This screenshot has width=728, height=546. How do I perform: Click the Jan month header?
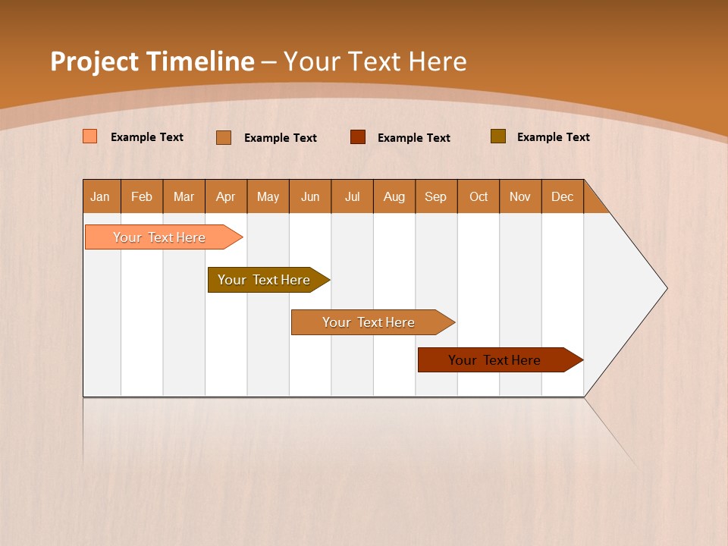(x=101, y=196)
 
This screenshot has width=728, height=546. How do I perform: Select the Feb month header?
(x=142, y=196)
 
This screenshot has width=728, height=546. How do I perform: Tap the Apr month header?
(x=226, y=196)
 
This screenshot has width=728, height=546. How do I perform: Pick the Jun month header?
(x=310, y=196)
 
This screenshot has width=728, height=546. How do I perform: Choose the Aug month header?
(x=394, y=196)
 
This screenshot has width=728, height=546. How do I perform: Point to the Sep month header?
(x=436, y=196)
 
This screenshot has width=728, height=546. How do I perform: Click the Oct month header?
(x=479, y=196)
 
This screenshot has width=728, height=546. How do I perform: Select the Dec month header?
(x=563, y=196)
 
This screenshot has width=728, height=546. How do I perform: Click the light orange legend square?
(x=90, y=136)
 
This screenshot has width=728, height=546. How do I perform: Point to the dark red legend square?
(x=358, y=137)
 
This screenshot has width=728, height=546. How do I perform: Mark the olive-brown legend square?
(x=498, y=136)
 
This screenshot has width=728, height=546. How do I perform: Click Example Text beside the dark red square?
(x=414, y=138)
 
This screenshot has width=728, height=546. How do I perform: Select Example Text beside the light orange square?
(x=147, y=137)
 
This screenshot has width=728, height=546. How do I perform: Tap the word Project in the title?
(x=95, y=61)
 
